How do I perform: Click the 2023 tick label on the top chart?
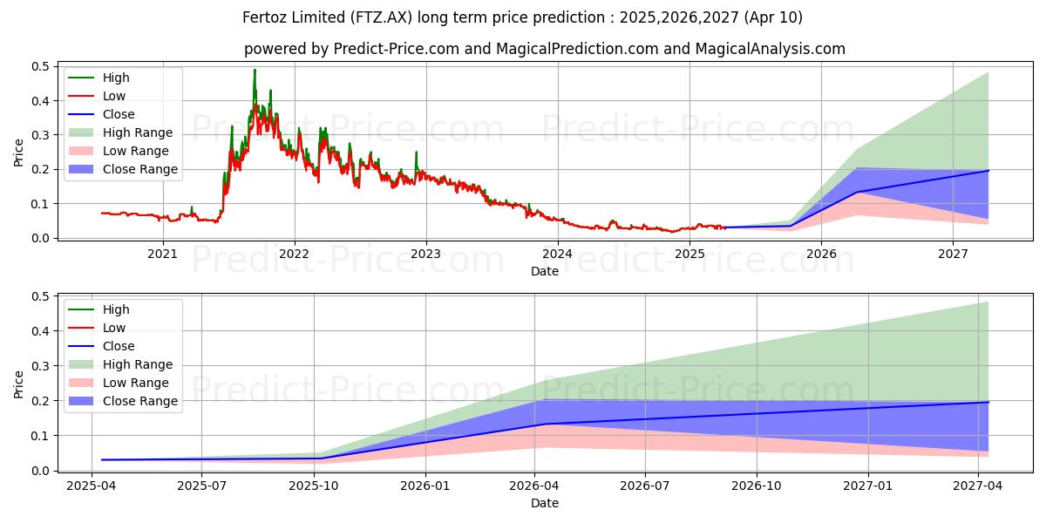(426, 254)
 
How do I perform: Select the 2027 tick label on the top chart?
(953, 254)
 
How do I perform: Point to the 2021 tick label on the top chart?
(162, 254)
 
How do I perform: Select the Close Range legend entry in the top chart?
(140, 169)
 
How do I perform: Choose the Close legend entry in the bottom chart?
(119, 346)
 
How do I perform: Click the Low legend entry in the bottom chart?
(114, 328)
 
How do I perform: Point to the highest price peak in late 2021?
(255, 70)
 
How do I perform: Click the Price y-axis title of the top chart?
(19, 152)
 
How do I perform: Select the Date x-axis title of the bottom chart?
(545, 503)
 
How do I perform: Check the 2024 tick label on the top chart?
(558, 254)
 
